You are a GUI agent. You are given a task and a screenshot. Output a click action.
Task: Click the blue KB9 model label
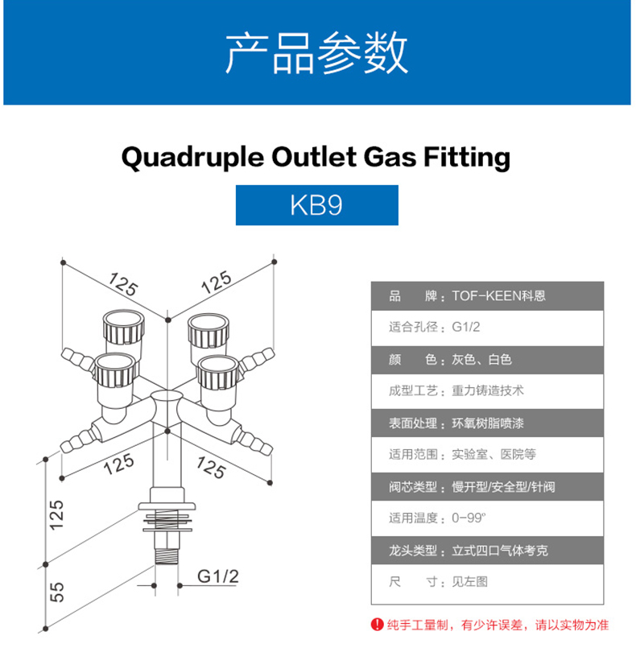[x=316, y=205]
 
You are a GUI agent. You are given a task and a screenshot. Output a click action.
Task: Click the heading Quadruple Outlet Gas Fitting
[x=316, y=157]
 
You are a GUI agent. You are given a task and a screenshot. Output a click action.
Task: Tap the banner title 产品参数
[x=316, y=53]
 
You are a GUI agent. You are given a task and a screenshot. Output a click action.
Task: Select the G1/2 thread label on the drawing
[x=218, y=576]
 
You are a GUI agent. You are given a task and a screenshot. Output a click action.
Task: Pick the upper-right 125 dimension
[x=216, y=283]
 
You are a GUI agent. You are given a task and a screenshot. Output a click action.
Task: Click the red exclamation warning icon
[x=375, y=624]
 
